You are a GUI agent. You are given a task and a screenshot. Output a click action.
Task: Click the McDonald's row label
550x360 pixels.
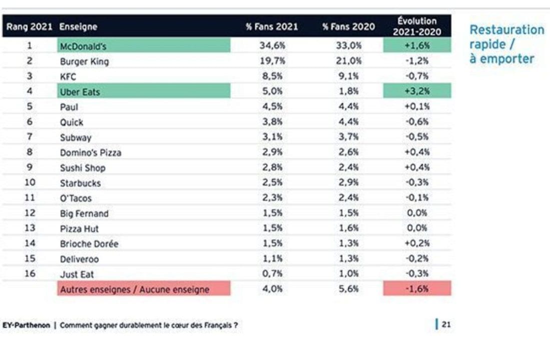coord(83,46)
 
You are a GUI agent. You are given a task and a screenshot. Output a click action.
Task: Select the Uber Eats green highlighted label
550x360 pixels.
coord(80,92)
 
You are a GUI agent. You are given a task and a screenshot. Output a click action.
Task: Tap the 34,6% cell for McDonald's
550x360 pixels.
coord(272,46)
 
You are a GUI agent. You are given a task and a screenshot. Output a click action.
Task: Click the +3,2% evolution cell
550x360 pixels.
coord(416,91)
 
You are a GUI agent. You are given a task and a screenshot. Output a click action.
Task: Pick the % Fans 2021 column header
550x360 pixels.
coord(272,27)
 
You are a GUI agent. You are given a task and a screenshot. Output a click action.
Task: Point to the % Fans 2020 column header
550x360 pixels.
coord(349,27)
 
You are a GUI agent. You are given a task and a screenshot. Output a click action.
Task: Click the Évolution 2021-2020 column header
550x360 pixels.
coord(417,26)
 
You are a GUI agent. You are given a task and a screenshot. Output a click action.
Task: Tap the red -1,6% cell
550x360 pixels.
coord(416,289)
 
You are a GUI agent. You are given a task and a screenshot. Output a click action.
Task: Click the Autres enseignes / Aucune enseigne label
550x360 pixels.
coord(134,289)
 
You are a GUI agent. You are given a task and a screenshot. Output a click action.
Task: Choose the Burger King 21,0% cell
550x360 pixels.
coord(348,61)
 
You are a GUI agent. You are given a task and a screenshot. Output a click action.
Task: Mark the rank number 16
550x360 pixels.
coord(30,273)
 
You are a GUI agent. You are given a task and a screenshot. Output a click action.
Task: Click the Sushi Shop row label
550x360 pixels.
coord(83,168)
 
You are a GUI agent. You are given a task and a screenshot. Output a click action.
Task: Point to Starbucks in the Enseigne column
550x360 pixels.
coord(80,183)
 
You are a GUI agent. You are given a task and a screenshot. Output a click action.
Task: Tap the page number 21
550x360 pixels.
coord(446,324)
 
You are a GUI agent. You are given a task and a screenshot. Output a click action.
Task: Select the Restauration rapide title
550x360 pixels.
coord(506,44)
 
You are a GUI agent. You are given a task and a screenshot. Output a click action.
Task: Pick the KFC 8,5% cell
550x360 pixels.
coord(272,76)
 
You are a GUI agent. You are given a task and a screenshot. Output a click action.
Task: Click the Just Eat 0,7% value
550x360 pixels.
coord(272,274)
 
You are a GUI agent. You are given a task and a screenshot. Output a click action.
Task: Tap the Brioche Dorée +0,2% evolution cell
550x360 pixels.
coord(416,243)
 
